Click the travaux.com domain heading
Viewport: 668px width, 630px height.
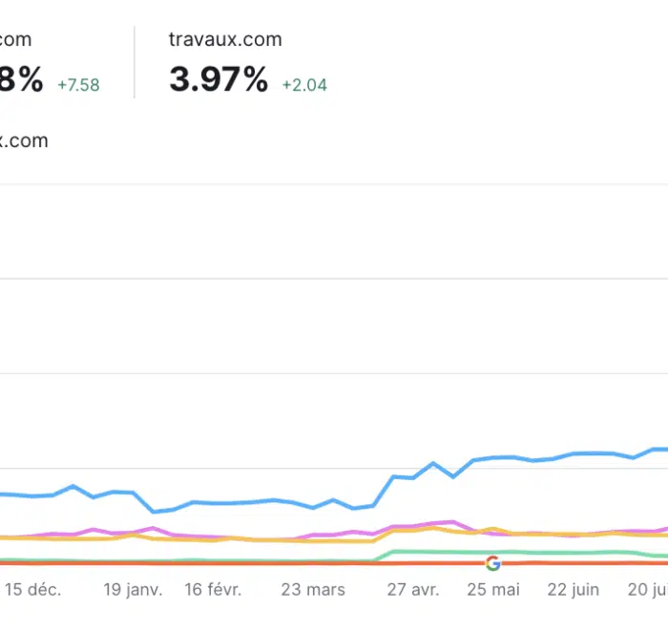tap(225, 39)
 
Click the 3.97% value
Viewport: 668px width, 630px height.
tap(219, 80)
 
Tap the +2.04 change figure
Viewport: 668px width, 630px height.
tap(304, 85)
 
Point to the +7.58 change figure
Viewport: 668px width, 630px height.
tap(78, 85)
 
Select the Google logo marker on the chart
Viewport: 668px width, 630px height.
tap(492, 563)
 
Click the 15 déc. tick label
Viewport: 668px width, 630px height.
tap(32, 590)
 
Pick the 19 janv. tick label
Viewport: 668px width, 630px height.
tap(133, 590)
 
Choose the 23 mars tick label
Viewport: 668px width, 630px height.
tap(313, 590)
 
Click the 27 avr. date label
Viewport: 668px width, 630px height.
tap(412, 590)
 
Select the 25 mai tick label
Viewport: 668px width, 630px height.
tap(492, 590)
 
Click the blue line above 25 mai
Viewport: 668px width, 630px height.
tap(494, 457)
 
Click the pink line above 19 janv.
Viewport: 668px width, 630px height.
tap(133, 531)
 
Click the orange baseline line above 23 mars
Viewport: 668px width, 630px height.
tap(313, 563)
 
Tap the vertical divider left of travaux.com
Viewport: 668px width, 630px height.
tap(135, 62)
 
